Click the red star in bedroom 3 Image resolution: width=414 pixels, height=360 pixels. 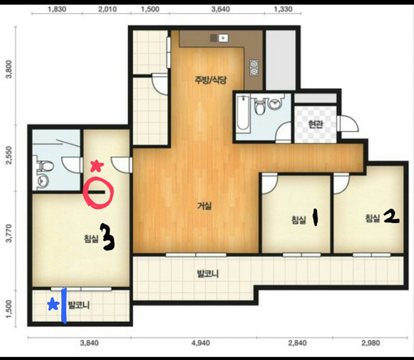click(97, 166)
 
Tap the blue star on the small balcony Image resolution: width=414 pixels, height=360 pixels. click(53, 304)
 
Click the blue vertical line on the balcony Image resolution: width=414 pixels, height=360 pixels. click(64, 306)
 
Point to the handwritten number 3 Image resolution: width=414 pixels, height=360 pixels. click(107, 237)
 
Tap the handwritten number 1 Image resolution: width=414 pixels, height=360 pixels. click(315, 218)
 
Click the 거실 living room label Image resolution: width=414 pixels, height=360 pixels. click(204, 205)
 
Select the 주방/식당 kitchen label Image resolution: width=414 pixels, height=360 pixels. click(210, 80)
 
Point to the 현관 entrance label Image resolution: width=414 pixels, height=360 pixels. click(315, 124)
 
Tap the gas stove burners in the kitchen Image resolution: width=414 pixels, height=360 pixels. click(254, 68)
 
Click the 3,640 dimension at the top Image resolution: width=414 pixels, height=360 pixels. click(220, 10)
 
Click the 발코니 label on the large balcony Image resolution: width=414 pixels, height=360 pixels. click(208, 274)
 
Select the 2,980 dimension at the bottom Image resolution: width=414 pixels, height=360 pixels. click(371, 343)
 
